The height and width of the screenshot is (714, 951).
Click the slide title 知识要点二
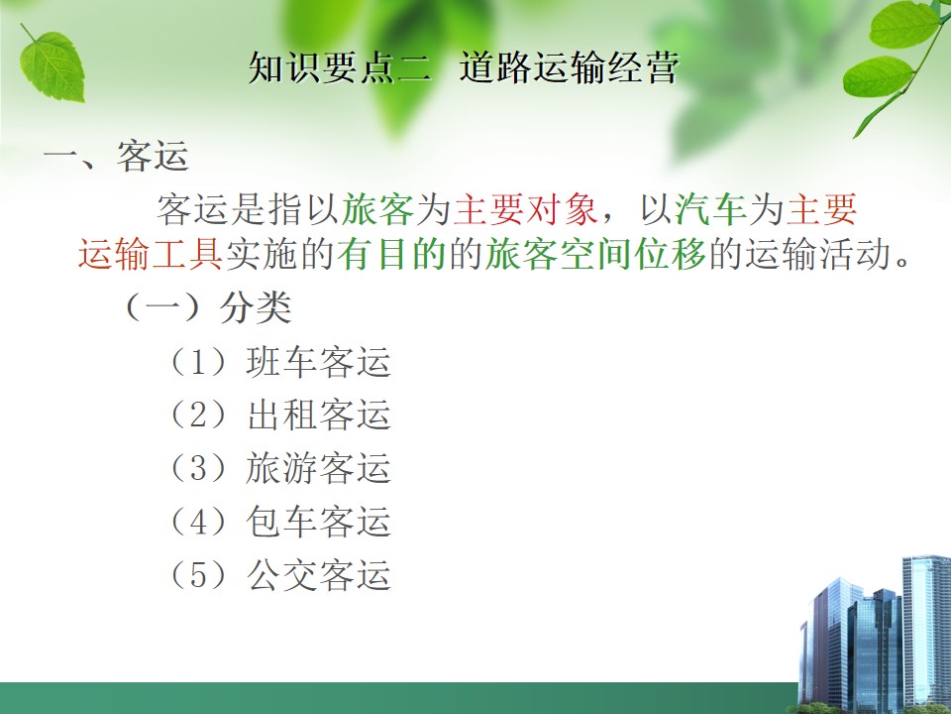pyautogui.click(x=340, y=66)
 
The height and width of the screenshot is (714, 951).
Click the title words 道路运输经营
pyautogui.click(x=569, y=66)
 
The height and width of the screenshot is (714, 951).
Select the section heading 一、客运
pyautogui.click(x=116, y=156)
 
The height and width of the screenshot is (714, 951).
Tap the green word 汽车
pyautogui.click(x=710, y=209)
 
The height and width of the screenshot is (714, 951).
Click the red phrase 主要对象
pyautogui.click(x=526, y=209)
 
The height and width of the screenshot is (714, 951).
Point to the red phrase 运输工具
pyautogui.click(x=151, y=254)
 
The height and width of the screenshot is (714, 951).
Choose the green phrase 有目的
pyautogui.click(x=392, y=254)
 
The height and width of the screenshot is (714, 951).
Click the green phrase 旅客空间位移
pyautogui.click(x=595, y=254)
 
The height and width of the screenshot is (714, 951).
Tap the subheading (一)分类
pyautogui.click(x=207, y=307)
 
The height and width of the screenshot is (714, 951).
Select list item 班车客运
pyautogui.click(x=318, y=362)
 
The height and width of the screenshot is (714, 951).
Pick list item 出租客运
pyautogui.click(x=318, y=416)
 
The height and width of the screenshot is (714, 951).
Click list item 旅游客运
pyautogui.click(x=318, y=469)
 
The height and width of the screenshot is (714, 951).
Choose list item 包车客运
pyautogui.click(x=318, y=523)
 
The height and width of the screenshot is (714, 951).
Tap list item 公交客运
pyautogui.click(x=318, y=575)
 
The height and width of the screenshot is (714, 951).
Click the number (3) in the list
pyautogui.click(x=199, y=469)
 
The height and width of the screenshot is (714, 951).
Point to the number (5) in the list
pyautogui.click(x=199, y=575)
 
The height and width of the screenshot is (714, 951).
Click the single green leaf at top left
pyautogui.click(x=52, y=65)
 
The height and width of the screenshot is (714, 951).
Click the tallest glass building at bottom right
pyautogui.click(x=926, y=632)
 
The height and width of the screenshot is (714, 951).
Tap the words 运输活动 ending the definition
pyautogui.click(x=819, y=254)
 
